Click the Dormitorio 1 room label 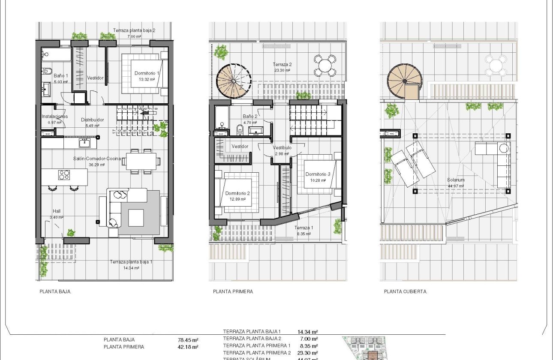[x=147, y=73]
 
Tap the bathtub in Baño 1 [x=56, y=55]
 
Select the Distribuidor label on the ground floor [x=93, y=120]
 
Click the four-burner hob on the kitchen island [x=64, y=175]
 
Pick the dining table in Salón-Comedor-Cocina [x=143, y=161]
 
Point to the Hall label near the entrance [x=57, y=211]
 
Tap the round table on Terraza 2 [x=326, y=66]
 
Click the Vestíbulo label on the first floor [x=282, y=147]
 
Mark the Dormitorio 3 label [x=318, y=174]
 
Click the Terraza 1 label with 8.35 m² [x=304, y=228]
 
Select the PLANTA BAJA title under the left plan [x=55, y=291]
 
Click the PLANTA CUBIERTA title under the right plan [x=405, y=291]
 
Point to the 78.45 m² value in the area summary [x=188, y=340]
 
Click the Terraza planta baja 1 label [x=131, y=262]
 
